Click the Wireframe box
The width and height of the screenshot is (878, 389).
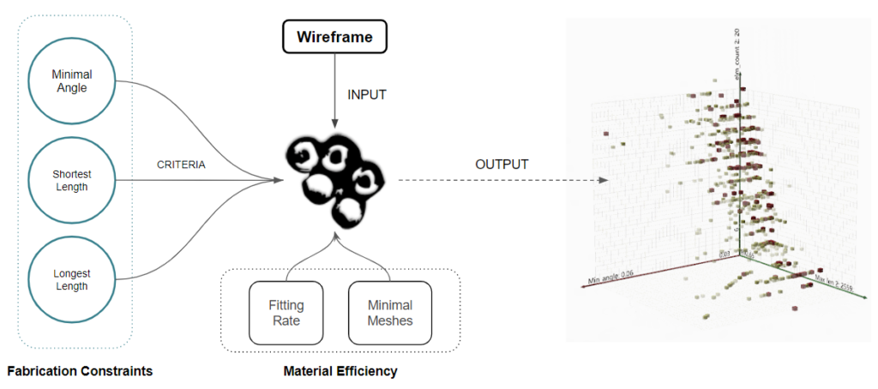336,37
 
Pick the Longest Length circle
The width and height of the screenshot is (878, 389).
70,280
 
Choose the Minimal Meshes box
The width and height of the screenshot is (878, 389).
389,312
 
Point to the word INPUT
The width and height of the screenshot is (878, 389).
367,94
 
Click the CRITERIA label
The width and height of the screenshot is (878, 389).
181,165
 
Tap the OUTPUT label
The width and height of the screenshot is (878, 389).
502,164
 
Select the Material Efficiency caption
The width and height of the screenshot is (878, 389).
340,371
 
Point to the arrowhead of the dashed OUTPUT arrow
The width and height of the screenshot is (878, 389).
604,181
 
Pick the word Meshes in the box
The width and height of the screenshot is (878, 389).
389,320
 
